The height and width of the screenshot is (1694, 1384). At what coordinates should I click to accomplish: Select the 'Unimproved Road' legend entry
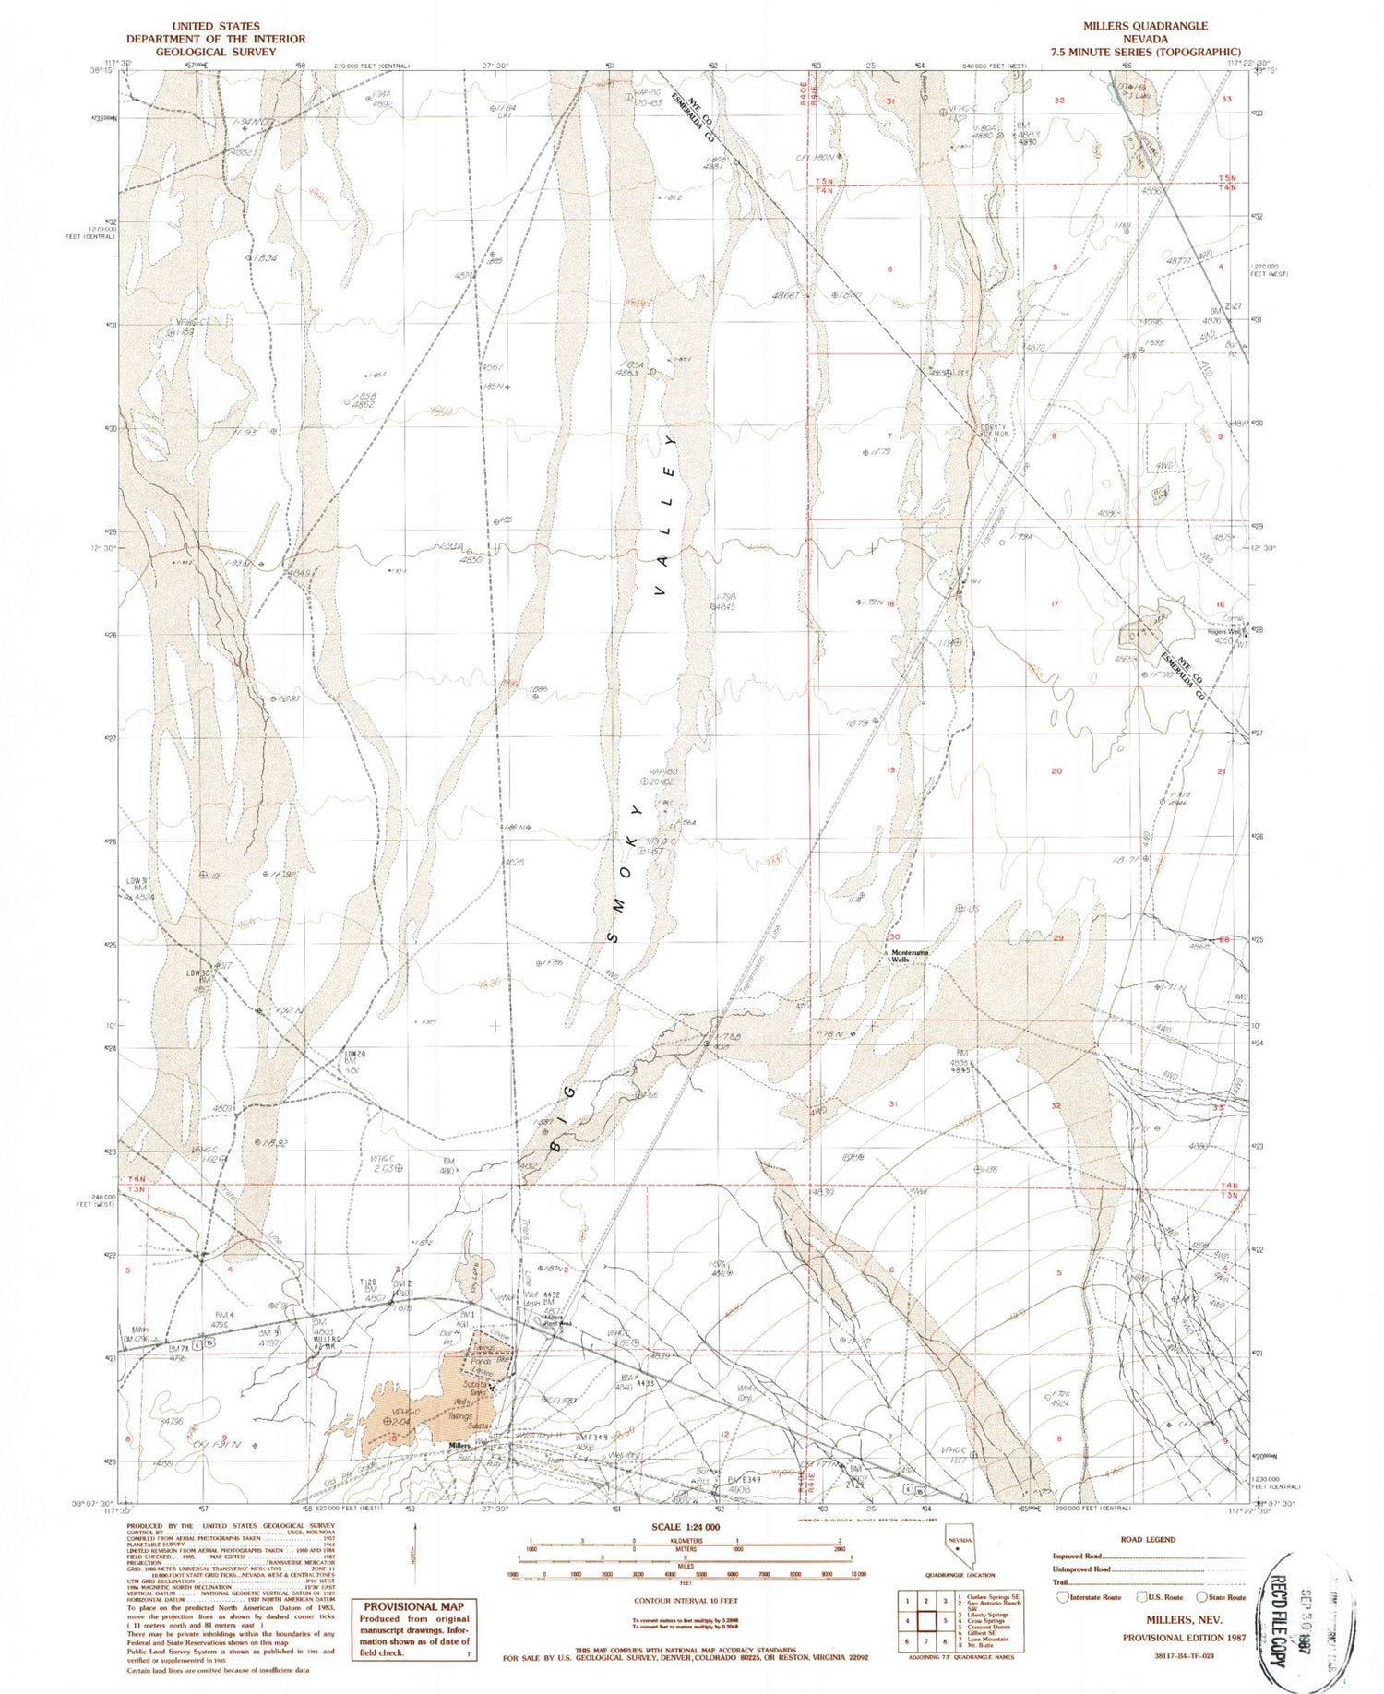click(x=1081, y=1569)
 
